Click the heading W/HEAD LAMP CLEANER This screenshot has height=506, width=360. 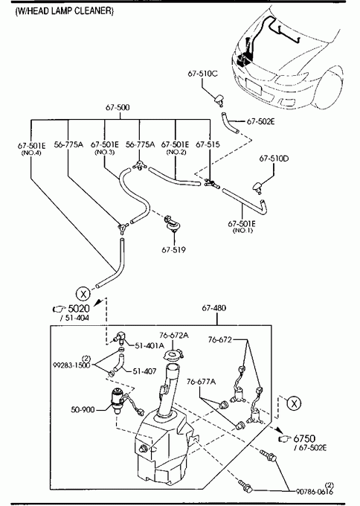coord(64,11)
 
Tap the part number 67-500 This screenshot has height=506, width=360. coord(118,107)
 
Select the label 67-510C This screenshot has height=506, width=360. coord(202,74)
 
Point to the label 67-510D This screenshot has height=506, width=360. coord(274,158)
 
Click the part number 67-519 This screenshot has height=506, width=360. coord(174,249)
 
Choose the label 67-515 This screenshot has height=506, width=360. coord(208,144)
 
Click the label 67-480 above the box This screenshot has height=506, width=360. coord(214,308)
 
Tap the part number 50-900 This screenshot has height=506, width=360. coord(83,409)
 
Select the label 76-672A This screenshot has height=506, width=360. coord(174,336)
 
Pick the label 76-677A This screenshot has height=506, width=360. coord(202,382)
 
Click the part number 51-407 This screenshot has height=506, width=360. coord(144,371)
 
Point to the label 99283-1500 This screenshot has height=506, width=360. coord(71,365)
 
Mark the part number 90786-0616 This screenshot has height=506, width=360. coord(315,491)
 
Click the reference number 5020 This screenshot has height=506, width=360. coord(79,309)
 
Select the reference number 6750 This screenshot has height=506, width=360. coord(304,438)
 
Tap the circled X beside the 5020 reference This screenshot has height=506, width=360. coord(83,294)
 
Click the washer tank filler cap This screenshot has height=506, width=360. coord(173,355)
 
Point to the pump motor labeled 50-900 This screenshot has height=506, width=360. coord(117,400)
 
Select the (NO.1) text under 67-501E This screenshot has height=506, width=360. coord(242,231)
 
